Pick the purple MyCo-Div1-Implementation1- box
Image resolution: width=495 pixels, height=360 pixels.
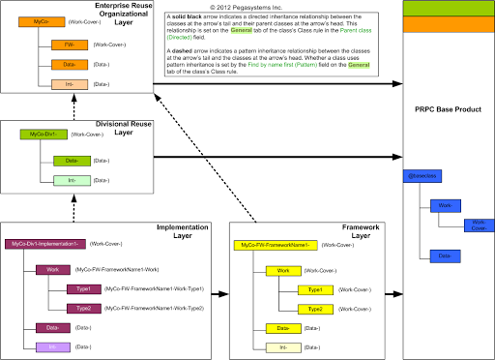pos(46,245)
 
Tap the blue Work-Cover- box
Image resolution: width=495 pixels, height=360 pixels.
pos(476,225)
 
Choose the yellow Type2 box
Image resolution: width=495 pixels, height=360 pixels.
pos(315,309)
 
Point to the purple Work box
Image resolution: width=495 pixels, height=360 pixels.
pos(54,268)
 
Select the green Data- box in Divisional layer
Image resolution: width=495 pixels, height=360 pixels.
pos(73,161)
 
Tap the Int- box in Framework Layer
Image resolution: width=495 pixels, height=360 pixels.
pos(283,346)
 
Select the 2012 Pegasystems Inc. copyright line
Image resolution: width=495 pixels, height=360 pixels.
pos(247,8)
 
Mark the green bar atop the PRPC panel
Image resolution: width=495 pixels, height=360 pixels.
pos(448,10)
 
